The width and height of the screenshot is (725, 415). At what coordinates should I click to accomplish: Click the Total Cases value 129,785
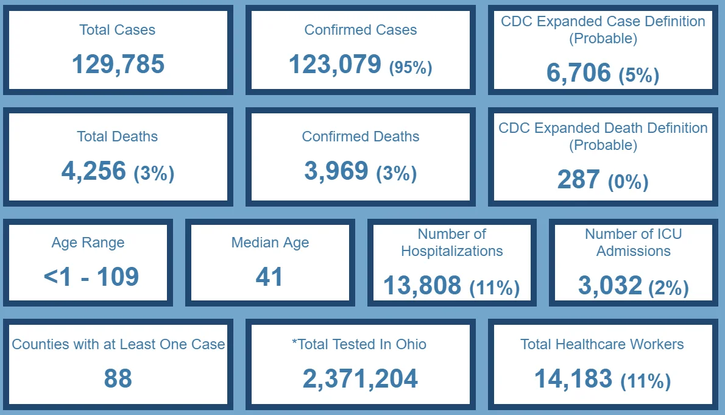pyautogui.click(x=118, y=64)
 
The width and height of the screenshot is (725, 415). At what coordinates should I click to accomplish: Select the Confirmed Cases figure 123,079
pyautogui.click(x=334, y=64)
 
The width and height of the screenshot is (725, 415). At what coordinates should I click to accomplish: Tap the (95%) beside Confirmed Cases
pyautogui.click(x=411, y=68)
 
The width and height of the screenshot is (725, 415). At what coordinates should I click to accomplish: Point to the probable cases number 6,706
pyautogui.click(x=578, y=73)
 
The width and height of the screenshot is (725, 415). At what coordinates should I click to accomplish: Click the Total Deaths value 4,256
pyautogui.click(x=93, y=171)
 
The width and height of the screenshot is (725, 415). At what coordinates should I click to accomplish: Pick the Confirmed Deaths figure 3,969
pyautogui.click(x=336, y=171)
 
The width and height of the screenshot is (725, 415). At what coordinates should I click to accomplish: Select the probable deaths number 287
pyautogui.click(x=578, y=180)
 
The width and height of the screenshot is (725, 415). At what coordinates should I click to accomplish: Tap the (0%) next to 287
pyautogui.click(x=628, y=182)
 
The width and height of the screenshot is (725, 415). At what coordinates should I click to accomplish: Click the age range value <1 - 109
pyautogui.click(x=91, y=277)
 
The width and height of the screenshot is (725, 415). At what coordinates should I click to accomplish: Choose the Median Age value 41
pyautogui.click(x=269, y=277)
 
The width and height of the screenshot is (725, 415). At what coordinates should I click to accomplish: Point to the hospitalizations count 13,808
pyautogui.click(x=422, y=285)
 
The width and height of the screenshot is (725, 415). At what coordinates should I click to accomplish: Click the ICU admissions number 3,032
pyautogui.click(x=610, y=285)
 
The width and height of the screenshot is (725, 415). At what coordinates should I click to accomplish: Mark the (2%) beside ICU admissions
pyautogui.click(x=668, y=288)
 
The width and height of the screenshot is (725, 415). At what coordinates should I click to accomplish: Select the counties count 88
pyautogui.click(x=118, y=378)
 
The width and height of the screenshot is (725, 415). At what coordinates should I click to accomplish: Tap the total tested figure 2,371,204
pyautogui.click(x=360, y=378)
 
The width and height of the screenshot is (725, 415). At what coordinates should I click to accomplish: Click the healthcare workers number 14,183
pyautogui.click(x=573, y=378)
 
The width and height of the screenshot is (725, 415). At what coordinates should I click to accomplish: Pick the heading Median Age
pyautogui.click(x=270, y=243)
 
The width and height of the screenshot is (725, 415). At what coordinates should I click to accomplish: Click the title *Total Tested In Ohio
pyautogui.click(x=359, y=344)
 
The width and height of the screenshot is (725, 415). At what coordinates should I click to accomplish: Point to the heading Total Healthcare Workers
pyautogui.click(x=602, y=344)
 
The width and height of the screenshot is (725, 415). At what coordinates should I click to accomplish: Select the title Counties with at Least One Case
pyautogui.click(x=118, y=344)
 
